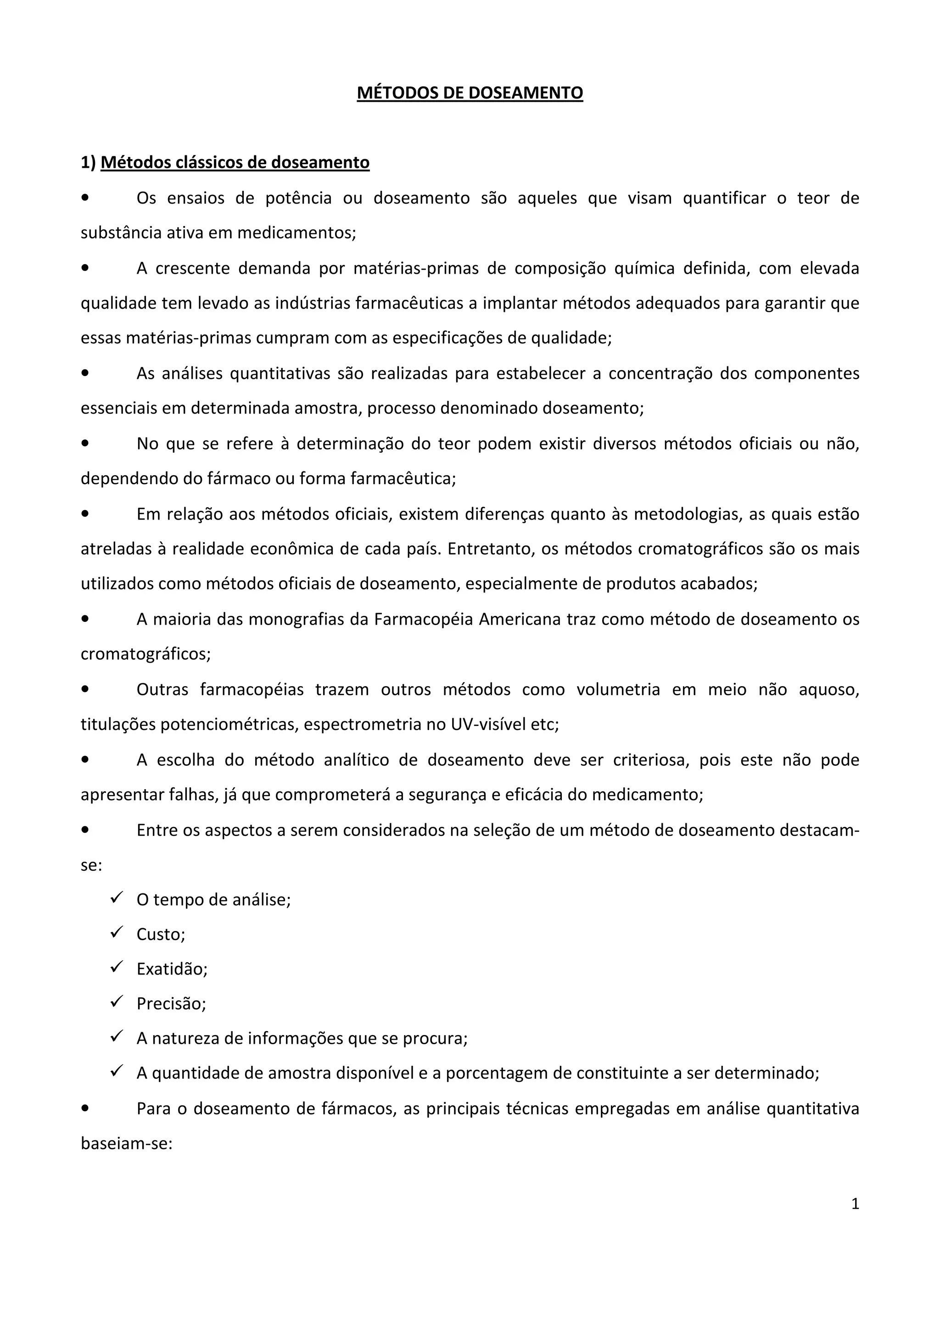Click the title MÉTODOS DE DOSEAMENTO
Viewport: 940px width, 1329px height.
(x=470, y=93)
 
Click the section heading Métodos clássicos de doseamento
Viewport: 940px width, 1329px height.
(x=235, y=163)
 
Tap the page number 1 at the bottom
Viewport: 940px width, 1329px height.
(x=855, y=1204)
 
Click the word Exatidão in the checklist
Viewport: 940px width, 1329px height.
(x=172, y=969)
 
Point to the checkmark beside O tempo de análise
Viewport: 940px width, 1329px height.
(x=117, y=898)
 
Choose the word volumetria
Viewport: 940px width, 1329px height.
(x=618, y=689)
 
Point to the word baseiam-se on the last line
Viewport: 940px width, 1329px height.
(x=126, y=1144)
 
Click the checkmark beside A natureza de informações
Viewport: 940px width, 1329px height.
(x=117, y=1037)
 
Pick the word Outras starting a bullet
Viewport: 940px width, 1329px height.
(x=162, y=689)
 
